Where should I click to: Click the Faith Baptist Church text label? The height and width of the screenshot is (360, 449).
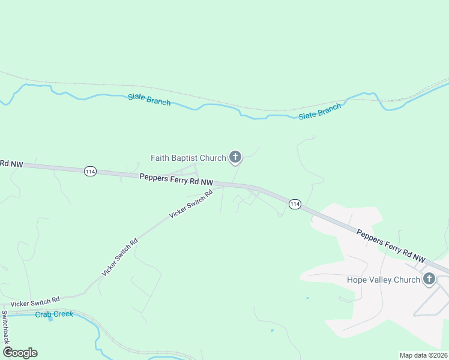(188, 158)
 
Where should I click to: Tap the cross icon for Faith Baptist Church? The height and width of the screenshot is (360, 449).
(235, 158)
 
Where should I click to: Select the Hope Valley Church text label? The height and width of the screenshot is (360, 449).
(382, 280)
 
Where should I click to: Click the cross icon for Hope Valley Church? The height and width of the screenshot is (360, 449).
(429, 279)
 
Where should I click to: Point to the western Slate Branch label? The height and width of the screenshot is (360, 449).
(149, 100)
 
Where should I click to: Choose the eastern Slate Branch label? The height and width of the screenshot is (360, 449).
(320, 111)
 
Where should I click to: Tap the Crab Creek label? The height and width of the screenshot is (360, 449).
(54, 314)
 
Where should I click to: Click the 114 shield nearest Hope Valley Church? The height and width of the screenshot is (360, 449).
(294, 204)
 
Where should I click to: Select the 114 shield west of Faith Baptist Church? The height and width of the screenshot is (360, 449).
(90, 171)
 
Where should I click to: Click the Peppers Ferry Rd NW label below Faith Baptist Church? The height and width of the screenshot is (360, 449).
(176, 179)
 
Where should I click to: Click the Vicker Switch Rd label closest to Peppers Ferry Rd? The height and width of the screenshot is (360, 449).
(191, 204)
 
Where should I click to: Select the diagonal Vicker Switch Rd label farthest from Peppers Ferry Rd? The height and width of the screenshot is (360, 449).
(119, 257)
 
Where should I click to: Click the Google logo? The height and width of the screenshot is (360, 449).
(20, 352)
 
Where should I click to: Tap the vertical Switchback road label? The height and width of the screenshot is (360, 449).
(5, 326)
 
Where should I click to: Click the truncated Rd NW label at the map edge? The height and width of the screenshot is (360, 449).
(11, 163)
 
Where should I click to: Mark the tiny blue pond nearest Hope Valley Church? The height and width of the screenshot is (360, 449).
(307, 298)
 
